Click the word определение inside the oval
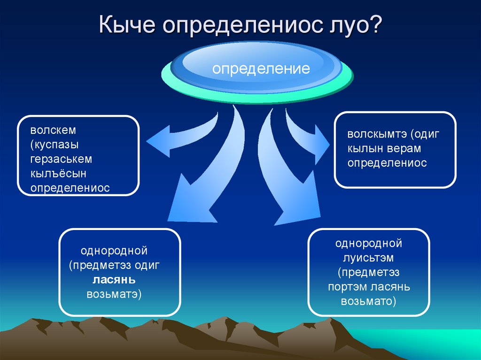261,69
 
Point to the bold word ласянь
114,280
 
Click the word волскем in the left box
53,130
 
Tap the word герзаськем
61,159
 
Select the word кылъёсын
58,174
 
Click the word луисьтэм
368,258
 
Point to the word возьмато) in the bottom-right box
368,301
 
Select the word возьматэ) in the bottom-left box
114,294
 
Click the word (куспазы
54,145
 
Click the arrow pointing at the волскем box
184,135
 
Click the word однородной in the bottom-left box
114,251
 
